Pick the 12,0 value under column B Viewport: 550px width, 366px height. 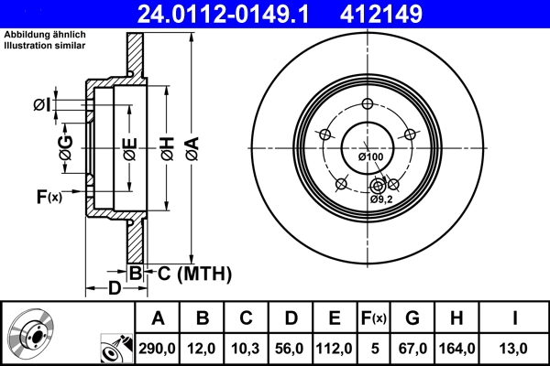(203, 349)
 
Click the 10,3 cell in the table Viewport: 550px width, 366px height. (247, 349)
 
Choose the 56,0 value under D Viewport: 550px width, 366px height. (291, 349)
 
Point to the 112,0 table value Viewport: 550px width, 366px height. (335, 349)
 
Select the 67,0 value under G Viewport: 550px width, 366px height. (412, 349)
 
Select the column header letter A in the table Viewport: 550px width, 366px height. (159, 318)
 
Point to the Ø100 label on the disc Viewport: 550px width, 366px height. (371, 157)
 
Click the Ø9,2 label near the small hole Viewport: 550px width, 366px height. (382, 199)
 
